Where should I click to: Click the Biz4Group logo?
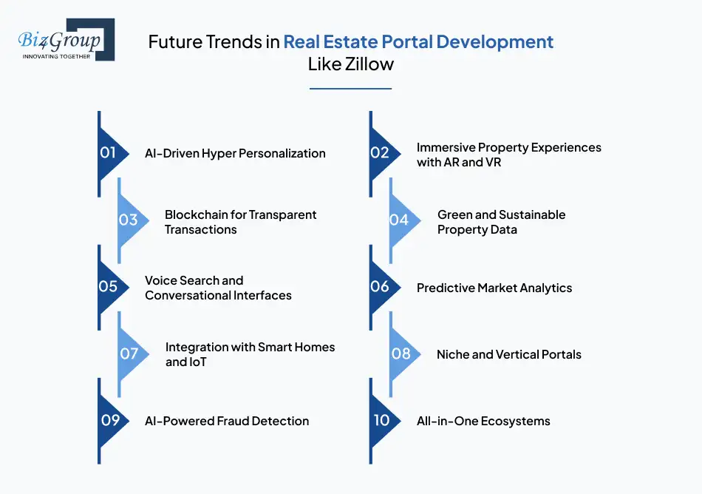[x=67, y=39]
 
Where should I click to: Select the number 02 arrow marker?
[x=384, y=154]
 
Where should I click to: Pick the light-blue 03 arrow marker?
[x=132, y=220]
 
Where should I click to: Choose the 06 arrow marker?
[x=384, y=287]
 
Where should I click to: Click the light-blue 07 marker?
[x=132, y=353]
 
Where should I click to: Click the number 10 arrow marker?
[x=384, y=421]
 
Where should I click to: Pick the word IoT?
[x=199, y=362]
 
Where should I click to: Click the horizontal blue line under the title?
[x=350, y=89]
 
